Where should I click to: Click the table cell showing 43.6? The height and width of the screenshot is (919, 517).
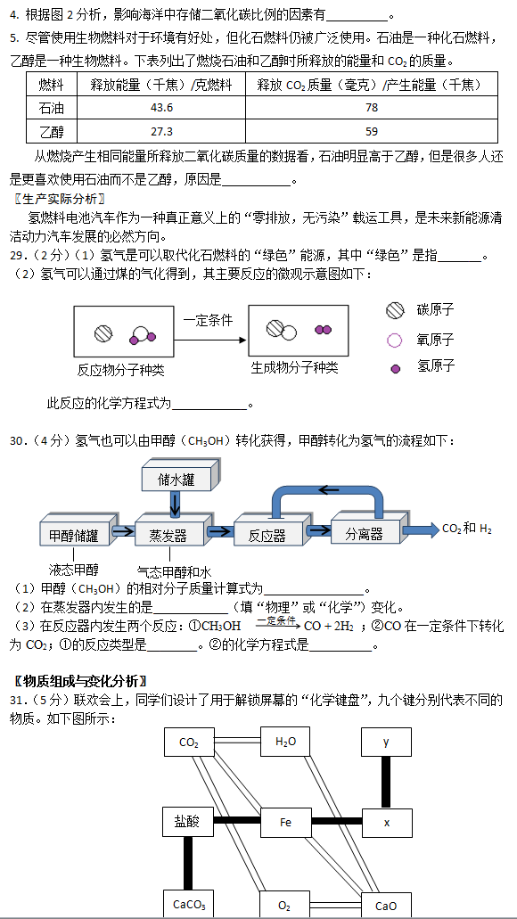tap(161, 108)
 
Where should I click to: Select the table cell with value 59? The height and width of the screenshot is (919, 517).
tap(371, 131)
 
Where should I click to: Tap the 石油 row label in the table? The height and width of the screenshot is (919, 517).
tap(52, 108)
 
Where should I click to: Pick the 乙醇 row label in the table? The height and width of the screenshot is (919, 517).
tap(52, 131)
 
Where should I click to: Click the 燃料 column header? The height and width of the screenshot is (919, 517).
tap(52, 85)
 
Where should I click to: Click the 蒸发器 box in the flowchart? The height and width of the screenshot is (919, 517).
tap(169, 533)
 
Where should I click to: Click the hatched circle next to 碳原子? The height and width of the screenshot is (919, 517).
tap(395, 310)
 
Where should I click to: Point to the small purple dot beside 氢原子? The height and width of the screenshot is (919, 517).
tap(396, 369)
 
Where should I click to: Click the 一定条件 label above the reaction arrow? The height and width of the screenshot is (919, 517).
tap(208, 321)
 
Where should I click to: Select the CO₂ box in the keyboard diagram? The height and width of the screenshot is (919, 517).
tap(189, 743)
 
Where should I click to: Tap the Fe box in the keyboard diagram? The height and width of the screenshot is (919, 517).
tap(285, 823)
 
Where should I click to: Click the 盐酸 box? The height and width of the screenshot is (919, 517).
tap(188, 823)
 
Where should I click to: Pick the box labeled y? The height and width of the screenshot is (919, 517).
tap(386, 742)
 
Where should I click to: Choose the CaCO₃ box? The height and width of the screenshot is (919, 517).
tap(189, 905)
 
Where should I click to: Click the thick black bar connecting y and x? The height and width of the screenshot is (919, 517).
tap(386, 783)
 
